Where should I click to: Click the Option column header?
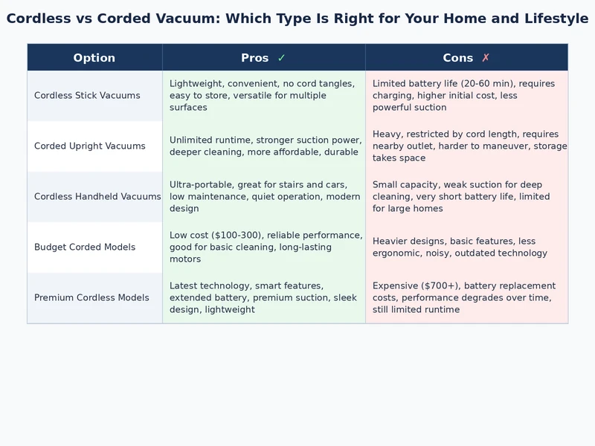click(x=94, y=58)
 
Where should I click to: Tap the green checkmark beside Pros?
click(x=281, y=58)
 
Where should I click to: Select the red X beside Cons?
click(x=486, y=58)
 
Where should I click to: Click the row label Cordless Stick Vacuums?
click(x=87, y=96)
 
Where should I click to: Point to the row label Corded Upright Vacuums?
click(x=90, y=146)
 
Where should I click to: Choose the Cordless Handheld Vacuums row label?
click(x=97, y=197)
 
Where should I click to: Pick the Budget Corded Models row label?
click(x=85, y=248)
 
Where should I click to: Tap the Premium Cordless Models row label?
click(x=91, y=298)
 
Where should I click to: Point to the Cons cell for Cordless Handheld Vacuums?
click(x=466, y=197)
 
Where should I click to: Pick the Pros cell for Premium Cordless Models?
click(x=263, y=298)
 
